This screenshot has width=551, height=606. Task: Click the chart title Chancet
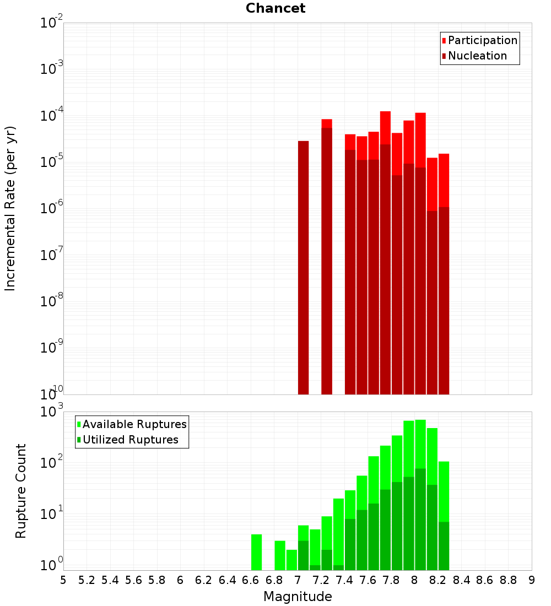tap(275, 8)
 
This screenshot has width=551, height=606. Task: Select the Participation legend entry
tap(482, 40)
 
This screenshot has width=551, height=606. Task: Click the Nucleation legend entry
tap(477, 56)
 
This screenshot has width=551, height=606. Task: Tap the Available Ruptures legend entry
tap(134, 424)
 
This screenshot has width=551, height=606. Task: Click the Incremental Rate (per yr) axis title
tap(10, 209)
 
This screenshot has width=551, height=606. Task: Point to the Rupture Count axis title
tap(21, 491)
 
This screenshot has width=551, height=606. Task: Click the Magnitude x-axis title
tap(298, 597)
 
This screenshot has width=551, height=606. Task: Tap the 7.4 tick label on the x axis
tap(344, 580)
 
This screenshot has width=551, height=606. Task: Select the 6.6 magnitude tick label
tap(251, 580)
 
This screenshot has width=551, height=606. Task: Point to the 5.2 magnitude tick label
tap(87, 580)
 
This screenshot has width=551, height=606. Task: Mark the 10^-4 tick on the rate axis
tap(52, 116)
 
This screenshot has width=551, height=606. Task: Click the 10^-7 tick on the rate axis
tap(52, 255)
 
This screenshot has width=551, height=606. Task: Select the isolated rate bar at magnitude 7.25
tap(327, 259)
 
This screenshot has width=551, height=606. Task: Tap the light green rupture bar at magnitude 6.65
tap(256, 552)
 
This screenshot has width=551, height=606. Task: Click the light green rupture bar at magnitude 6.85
tap(280, 555)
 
